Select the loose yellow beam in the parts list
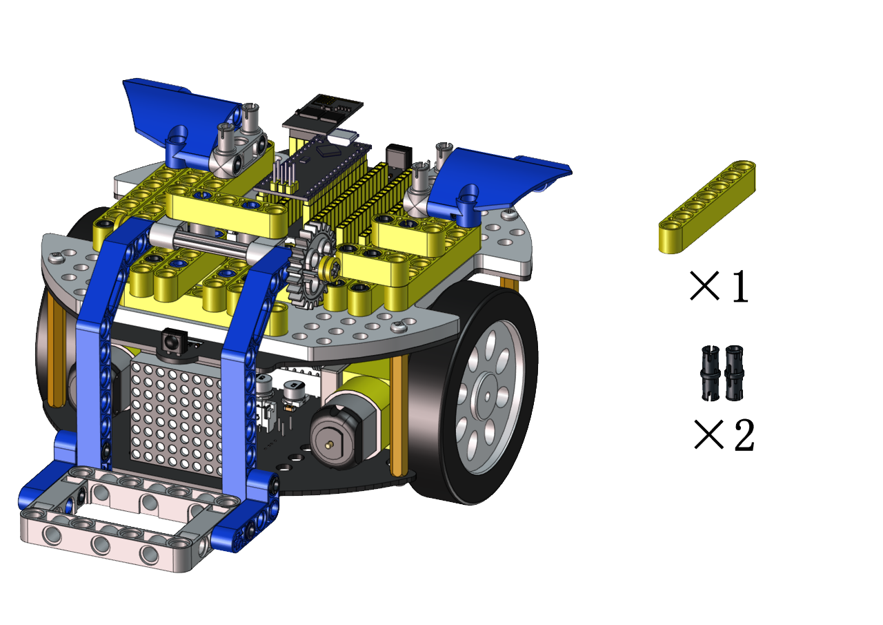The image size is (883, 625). tap(707, 206)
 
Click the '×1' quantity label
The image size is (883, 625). tap(719, 286)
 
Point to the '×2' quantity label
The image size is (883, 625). tap(724, 434)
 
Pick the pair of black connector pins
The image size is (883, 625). tap(722, 373)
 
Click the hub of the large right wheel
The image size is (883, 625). tap(488, 396)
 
